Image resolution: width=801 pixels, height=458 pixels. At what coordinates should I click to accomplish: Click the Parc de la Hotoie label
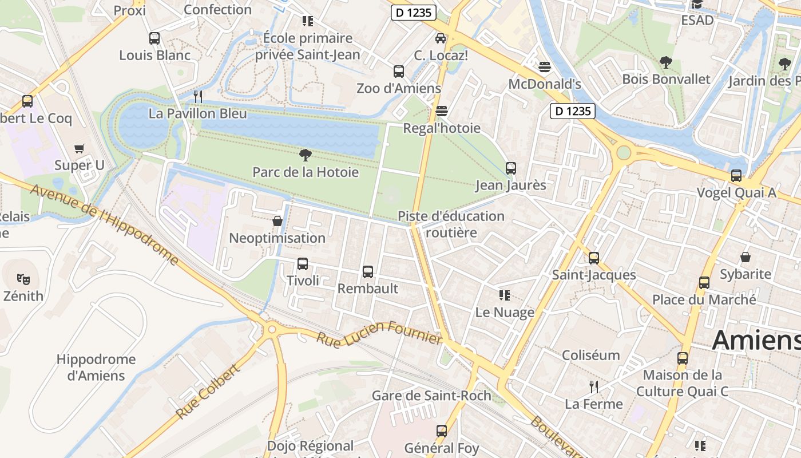[306, 172]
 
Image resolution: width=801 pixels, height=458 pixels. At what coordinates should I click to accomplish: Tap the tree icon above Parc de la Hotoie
[306, 155]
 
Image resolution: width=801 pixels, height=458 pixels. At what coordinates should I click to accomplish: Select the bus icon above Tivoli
[303, 264]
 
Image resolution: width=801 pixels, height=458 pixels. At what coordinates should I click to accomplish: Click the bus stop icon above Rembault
[368, 271]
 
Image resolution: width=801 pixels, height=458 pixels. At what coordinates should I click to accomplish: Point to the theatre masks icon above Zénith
[23, 279]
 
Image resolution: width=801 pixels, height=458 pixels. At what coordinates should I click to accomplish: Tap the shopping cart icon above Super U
[80, 149]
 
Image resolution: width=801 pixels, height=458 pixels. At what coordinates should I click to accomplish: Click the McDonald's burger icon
[545, 67]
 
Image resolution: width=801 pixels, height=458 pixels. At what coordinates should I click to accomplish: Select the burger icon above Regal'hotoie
[442, 110]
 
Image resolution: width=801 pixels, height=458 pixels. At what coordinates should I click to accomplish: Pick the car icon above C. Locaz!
[441, 38]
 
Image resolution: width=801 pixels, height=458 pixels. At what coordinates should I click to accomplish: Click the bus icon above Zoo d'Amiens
[399, 72]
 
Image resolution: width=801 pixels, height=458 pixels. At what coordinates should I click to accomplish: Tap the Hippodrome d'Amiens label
[96, 368]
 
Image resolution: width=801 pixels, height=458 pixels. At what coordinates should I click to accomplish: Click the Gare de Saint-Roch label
[431, 396]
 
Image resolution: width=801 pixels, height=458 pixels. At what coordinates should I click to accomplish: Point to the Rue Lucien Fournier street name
[380, 332]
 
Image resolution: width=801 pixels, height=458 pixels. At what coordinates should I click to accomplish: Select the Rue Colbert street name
[207, 392]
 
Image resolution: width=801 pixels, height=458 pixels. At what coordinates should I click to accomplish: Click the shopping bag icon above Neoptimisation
[277, 221]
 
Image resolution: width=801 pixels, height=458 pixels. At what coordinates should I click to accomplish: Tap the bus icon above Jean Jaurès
[511, 168]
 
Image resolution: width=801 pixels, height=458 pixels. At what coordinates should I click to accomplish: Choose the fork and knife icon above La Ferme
[594, 387]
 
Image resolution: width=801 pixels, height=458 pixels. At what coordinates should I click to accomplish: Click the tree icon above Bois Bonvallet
[665, 62]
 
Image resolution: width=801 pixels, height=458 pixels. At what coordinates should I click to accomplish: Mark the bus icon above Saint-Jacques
[594, 258]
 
